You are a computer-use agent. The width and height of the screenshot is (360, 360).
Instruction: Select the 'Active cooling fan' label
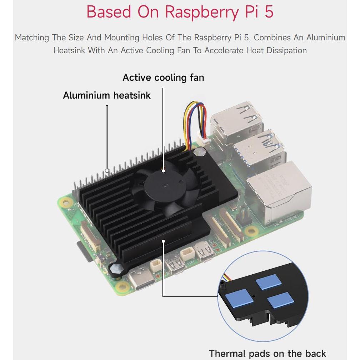(x=163, y=77)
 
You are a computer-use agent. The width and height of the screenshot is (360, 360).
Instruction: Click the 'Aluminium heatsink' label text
(x=107, y=95)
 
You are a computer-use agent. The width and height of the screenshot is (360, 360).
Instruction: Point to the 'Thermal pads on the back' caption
(x=267, y=353)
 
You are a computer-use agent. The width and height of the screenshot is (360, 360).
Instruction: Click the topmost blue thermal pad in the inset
(x=269, y=283)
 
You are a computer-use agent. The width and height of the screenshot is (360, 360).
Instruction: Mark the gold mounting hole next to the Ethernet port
(x=251, y=230)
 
